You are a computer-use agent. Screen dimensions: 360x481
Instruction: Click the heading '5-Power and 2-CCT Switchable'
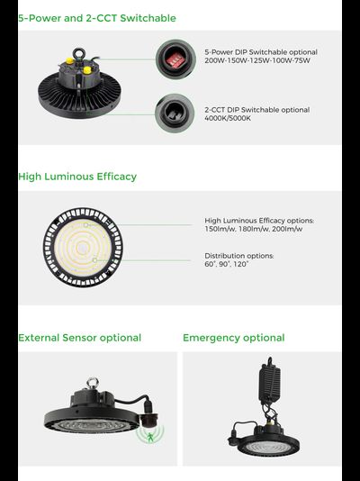tap(97, 18)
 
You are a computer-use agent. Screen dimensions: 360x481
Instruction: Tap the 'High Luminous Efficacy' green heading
tap(77, 177)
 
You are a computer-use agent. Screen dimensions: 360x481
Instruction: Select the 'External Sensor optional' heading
tap(80, 338)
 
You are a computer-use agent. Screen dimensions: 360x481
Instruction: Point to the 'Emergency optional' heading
tap(234, 338)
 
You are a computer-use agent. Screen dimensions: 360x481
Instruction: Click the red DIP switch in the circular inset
tap(175, 60)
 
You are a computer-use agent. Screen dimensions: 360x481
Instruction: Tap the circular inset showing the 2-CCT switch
tap(175, 113)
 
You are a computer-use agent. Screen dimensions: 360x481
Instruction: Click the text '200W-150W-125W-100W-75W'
tap(257, 60)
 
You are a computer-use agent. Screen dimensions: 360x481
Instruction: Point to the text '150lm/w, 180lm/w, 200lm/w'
tap(254, 229)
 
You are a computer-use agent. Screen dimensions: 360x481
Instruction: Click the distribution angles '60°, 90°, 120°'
tap(227, 264)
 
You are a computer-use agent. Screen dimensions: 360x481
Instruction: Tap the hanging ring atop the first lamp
tap(78, 53)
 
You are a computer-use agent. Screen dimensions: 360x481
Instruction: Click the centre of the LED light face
tap(83, 248)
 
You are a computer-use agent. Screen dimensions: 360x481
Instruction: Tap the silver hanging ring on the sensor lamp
tap(92, 383)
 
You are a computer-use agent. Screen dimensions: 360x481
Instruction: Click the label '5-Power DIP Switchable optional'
tap(261, 52)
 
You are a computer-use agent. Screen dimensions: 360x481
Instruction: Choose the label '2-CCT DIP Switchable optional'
tap(257, 110)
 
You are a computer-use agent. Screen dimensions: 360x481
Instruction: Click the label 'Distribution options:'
tap(239, 256)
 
